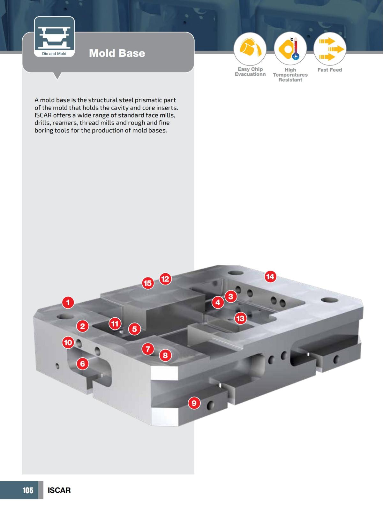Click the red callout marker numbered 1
tap(68, 302)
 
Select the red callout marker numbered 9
tap(194, 403)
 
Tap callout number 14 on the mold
tap(270, 277)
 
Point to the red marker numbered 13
tap(240, 318)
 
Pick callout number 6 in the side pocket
tap(82, 363)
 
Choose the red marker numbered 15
tap(147, 283)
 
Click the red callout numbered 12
tap(165, 279)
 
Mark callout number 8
tap(165, 355)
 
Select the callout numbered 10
tap(68, 343)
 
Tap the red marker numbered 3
tap(231, 297)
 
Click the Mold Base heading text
tap(117, 53)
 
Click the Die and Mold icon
tap(54, 37)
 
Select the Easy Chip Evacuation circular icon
tap(250, 49)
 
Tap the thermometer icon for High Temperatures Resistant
tap(290, 49)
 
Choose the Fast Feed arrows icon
tap(330, 49)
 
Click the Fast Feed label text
tap(330, 70)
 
